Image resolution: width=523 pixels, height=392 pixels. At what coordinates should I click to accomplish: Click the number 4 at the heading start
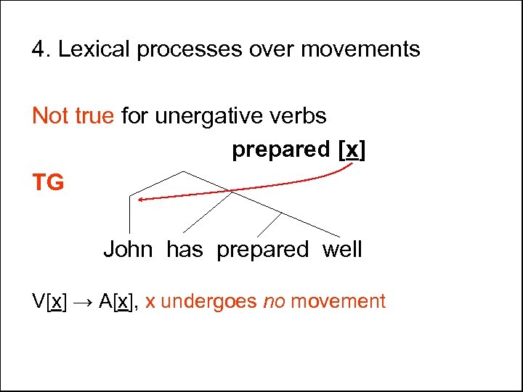pos(38,49)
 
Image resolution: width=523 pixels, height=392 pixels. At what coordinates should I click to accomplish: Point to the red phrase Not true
pos(73,115)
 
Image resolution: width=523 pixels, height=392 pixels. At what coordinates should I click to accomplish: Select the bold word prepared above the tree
pos(280,150)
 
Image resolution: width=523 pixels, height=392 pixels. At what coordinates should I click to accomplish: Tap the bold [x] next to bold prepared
pos(352,150)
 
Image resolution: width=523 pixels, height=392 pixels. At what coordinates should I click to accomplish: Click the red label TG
pos(48,183)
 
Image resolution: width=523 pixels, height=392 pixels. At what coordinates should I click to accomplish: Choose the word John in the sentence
pos(128,250)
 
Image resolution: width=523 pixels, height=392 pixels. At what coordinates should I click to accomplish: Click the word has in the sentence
pos(185,250)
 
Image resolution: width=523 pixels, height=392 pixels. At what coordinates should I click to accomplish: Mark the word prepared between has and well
pos(262,250)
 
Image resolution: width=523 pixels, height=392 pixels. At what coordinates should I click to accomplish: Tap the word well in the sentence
pos(341,250)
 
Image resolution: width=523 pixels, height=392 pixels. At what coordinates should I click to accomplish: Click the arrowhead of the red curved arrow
pos(139,197)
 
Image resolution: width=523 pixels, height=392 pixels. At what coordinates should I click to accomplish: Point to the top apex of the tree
pos(183,171)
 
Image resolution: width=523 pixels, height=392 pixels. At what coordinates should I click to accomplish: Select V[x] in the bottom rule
pos(49,301)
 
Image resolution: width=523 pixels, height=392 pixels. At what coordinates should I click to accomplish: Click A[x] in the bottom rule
pos(118,301)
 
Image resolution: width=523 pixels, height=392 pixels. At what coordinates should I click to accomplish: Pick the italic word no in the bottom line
pos(273,301)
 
